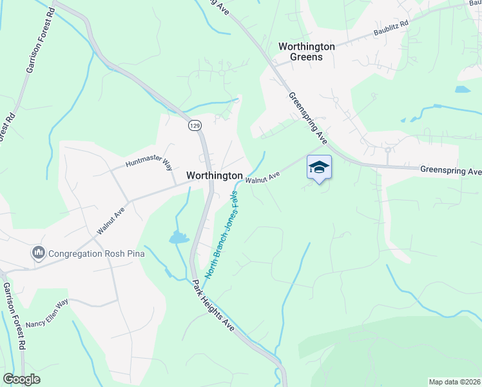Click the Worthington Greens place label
pos(306,52)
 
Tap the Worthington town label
pos(214,175)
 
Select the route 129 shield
pos(194,125)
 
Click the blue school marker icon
pos(320,167)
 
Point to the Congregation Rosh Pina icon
pos(38,253)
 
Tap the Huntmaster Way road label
pos(149,164)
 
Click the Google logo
pos(22,379)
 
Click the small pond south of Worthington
pos(177,238)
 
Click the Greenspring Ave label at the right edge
pos(450,171)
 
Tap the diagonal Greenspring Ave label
pos(308,117)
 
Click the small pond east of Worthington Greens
pos(462,90)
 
